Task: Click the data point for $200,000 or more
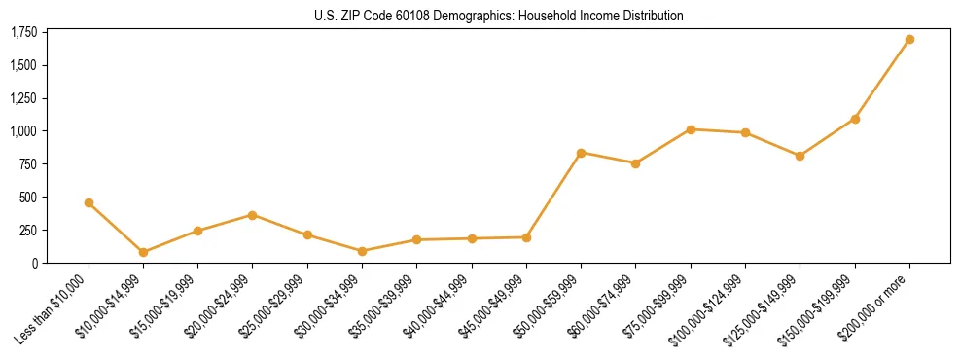[909, 40]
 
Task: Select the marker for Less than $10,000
[89, 203]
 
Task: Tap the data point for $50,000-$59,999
[581, 153]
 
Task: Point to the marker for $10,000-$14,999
[143, 252]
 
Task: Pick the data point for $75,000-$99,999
[691, 129]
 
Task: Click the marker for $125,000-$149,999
[800, 156]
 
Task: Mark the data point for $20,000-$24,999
[253, 215]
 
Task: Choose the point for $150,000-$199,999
[855, 119]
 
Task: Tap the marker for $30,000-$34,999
[362, 251]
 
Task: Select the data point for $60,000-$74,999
[635, 163]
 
